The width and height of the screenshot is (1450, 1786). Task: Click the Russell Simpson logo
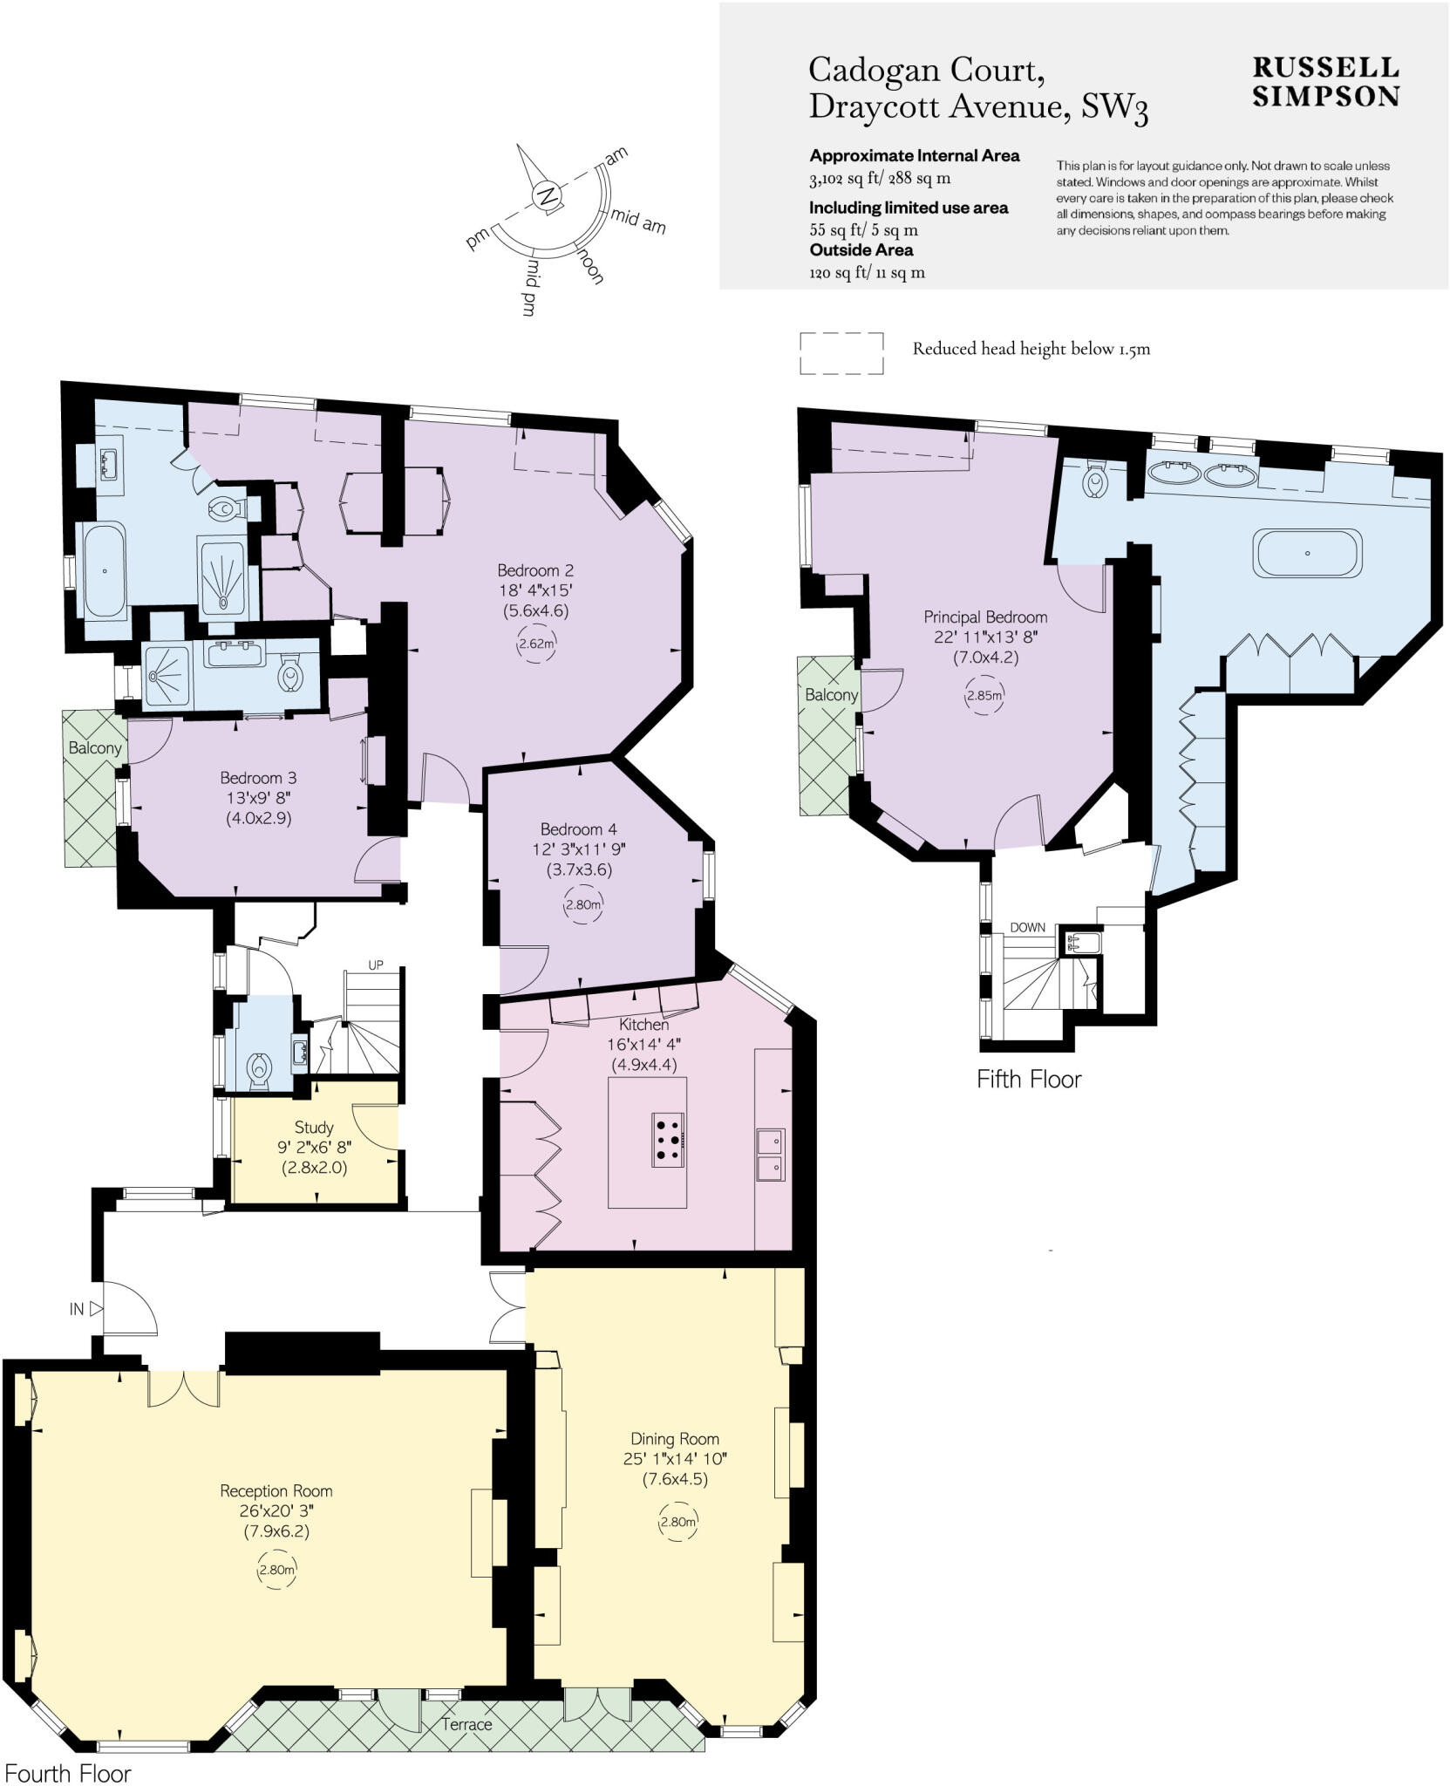tap(1325, 82)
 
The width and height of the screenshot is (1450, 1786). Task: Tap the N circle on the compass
tap(548, 195)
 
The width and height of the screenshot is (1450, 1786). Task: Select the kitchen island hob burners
tap(668, 1138)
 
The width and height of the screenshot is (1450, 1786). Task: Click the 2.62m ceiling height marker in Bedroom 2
tap(536, 644)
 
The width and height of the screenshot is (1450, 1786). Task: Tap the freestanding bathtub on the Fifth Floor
tap(1307, 553)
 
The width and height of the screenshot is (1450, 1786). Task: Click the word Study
tap(314, 1128)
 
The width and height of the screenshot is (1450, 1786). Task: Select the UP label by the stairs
tap(376, 965)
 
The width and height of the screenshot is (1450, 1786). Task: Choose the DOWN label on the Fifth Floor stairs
tap(1028, 927)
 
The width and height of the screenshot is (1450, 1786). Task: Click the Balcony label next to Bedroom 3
tap(95, 748)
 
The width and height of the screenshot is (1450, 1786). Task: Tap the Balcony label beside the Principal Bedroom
tap(830, 695)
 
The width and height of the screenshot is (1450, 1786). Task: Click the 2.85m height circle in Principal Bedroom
tap(984, 696)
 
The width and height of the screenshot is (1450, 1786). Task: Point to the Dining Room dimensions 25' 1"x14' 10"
tap(675, 1458)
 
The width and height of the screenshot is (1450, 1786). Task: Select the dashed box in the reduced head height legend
tap(841, 353)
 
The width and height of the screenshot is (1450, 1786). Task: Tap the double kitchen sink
tap(769, 1154)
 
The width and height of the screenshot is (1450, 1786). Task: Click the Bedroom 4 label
tap(578, 829)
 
